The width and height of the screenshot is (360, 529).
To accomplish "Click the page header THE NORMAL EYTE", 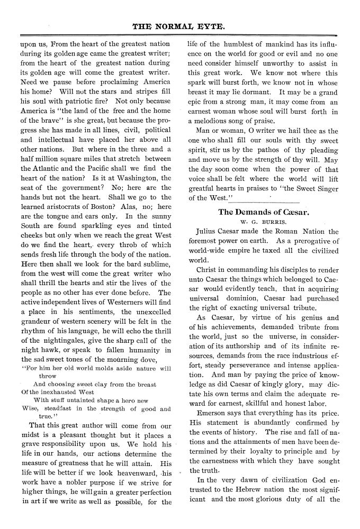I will [180, 25].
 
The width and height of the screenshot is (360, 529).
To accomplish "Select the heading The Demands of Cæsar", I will [264, 212].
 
